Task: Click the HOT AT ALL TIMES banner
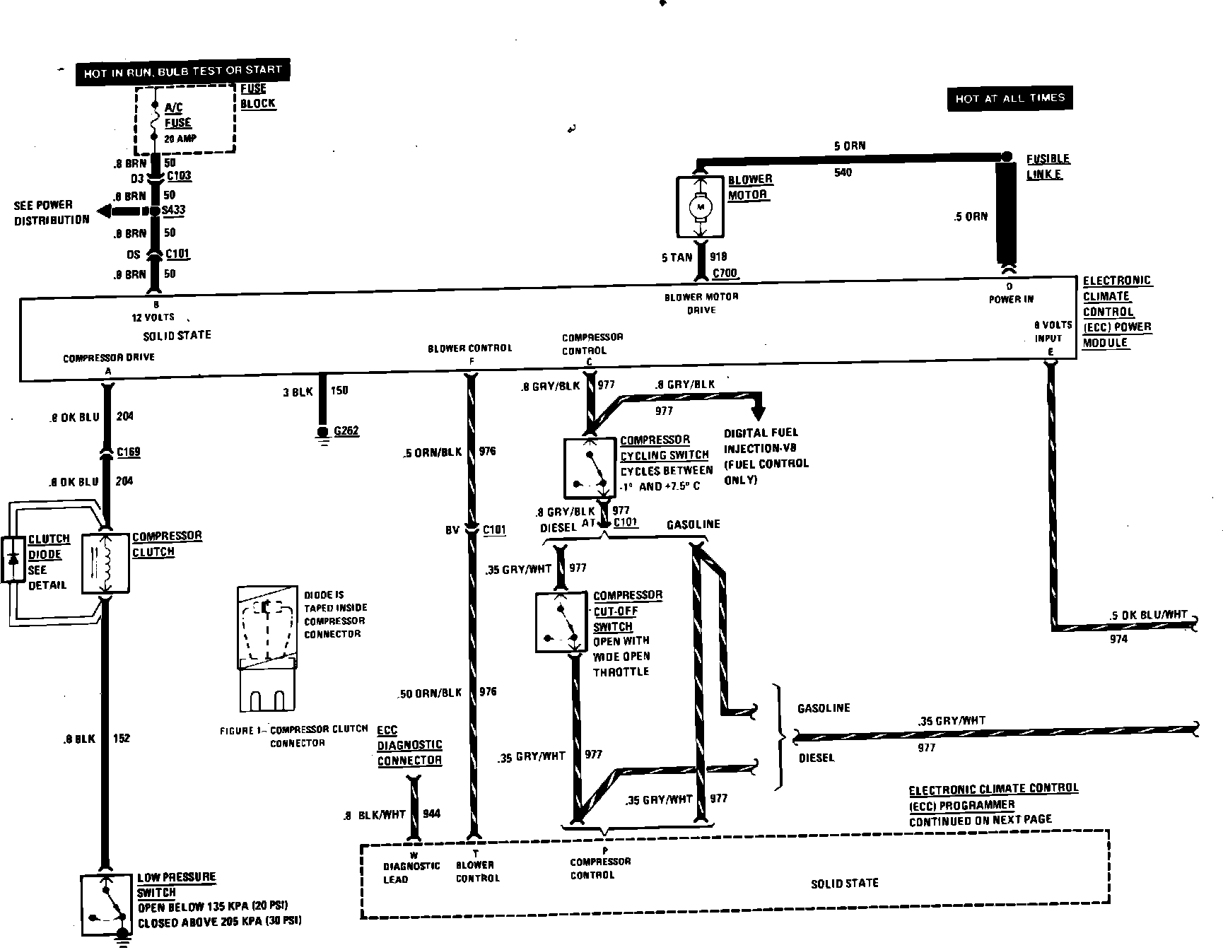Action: pos(1010,99)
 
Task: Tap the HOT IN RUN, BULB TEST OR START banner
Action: pos(182,71)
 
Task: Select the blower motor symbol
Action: pos(701,206)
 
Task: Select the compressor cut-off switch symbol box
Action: pos(561,622)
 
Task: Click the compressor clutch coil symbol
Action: pos(105,563)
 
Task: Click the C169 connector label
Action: pos(128,452)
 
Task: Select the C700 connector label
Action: pos(725,273)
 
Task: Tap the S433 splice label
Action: pos(174,211)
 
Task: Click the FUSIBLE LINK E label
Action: pos(1048,167)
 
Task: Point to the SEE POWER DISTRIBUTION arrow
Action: pos(120,211)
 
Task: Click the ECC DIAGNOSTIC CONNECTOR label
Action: pos(409,745)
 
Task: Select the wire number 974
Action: pos(1118,639)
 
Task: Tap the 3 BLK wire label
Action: pos(297,392)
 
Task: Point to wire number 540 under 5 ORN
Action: pos(843,172)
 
